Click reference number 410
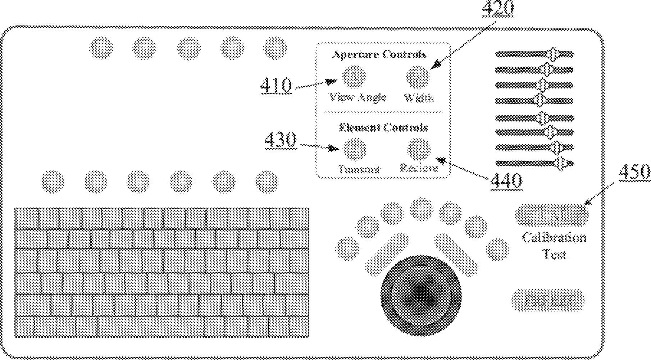276,86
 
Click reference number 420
498,9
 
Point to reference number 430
281,140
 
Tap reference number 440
506,181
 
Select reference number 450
634,172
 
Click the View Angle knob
354,76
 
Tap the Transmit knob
355,149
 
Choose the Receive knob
419,149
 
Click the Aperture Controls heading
379,55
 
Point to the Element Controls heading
383,128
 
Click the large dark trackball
421,296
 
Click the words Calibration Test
554,246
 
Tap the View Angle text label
358,97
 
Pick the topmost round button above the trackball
422,209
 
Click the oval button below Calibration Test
548,300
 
